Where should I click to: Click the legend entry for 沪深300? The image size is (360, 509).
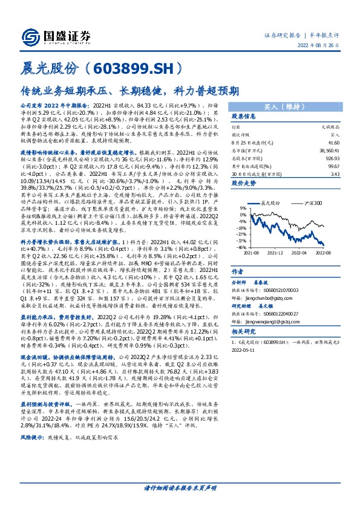313,204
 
